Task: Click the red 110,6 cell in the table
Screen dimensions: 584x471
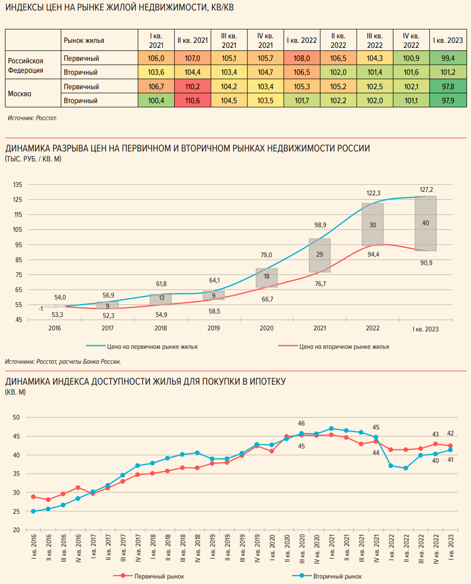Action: tap(192, 101)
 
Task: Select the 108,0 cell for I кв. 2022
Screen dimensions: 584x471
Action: tap(302, 58)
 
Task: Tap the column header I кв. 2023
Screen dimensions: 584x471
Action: tap(448, 40)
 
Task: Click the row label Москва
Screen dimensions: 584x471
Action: tap(19, 93)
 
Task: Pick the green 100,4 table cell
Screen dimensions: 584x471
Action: tap(156, 101)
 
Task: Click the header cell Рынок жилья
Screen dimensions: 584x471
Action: tap(84, 40)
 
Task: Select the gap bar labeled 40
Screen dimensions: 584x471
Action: tap(425, 223)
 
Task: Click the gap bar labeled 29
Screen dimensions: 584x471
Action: tap(319, 255)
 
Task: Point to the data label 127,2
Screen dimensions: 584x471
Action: tap(426, 190)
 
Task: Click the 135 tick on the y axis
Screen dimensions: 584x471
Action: tap(17, 185)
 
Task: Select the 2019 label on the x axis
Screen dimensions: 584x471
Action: tap(214, 329)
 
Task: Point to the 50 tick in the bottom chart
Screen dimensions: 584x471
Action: tap(16, 418)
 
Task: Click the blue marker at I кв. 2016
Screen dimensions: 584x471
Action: tap(33, 511)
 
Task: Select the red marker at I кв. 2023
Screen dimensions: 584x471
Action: tap(451, 446)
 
